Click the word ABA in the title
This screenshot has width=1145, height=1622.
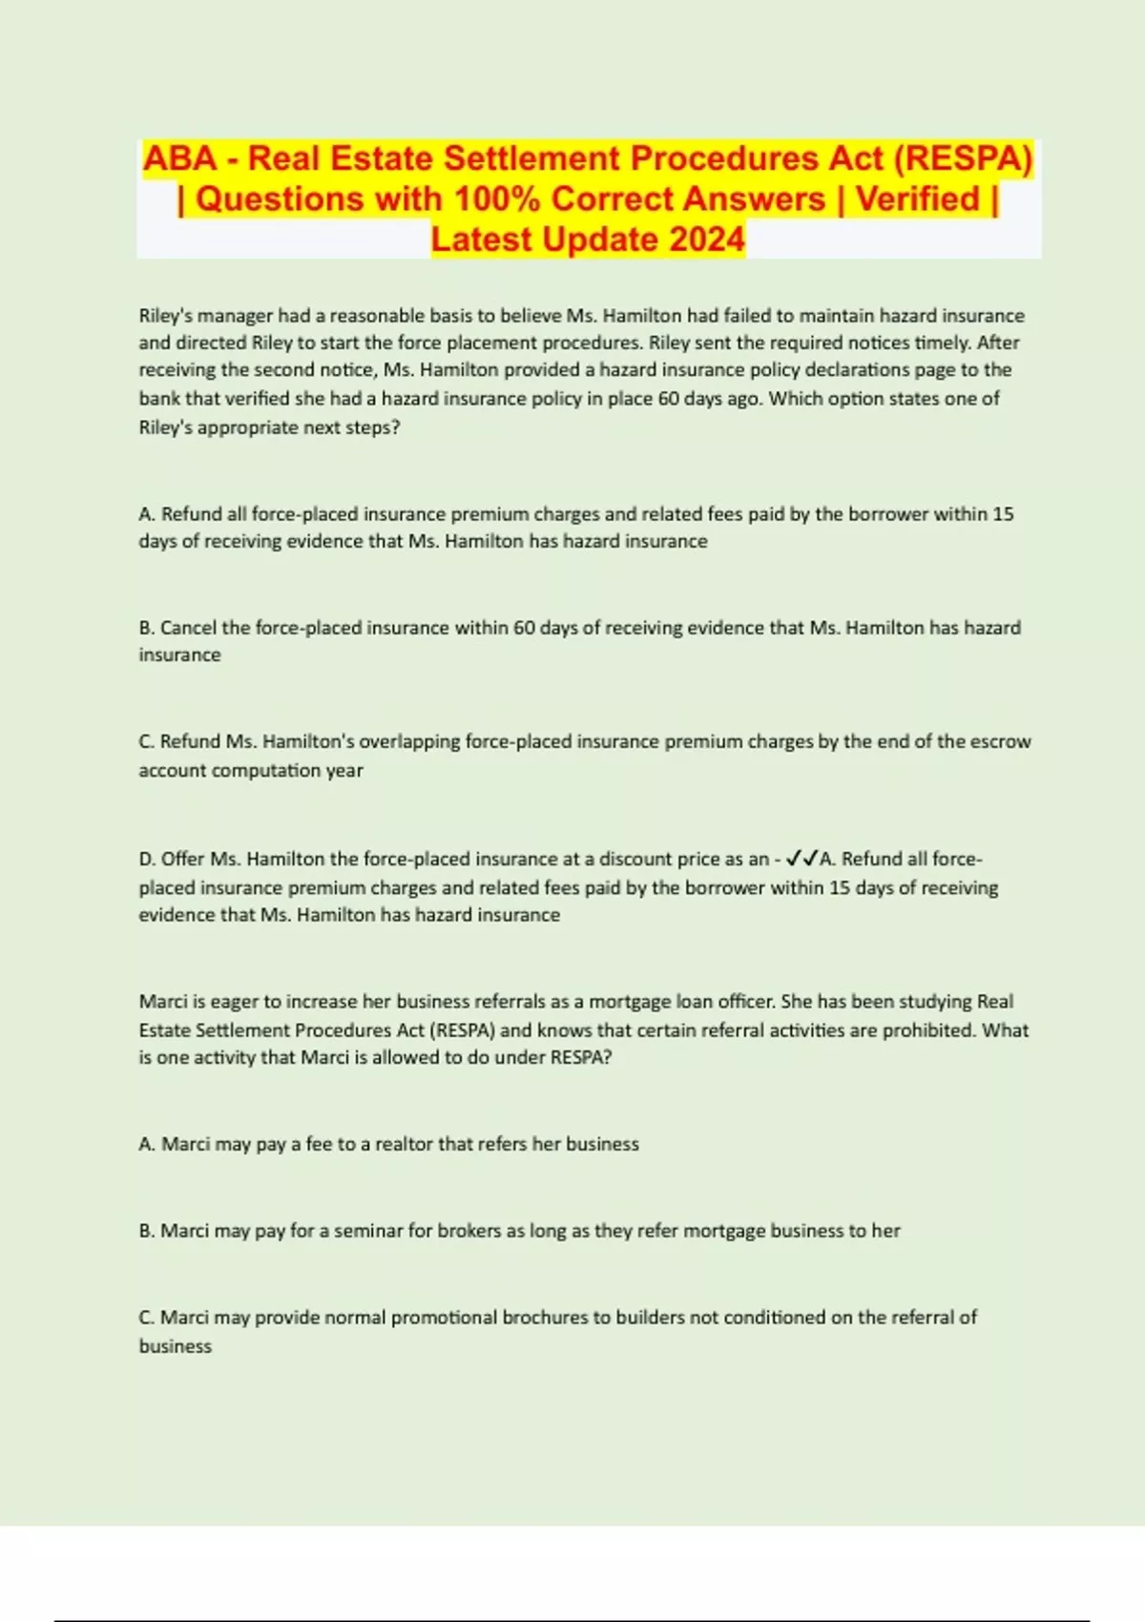click(179, 158)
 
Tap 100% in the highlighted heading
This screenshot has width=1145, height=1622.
click(497, 198)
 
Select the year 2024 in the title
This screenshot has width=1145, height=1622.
click(706, 239)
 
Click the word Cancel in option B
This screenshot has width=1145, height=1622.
click(188, 628)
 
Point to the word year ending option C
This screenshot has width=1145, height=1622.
click(344, 770)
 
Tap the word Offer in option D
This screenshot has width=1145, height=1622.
click(182, 859)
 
